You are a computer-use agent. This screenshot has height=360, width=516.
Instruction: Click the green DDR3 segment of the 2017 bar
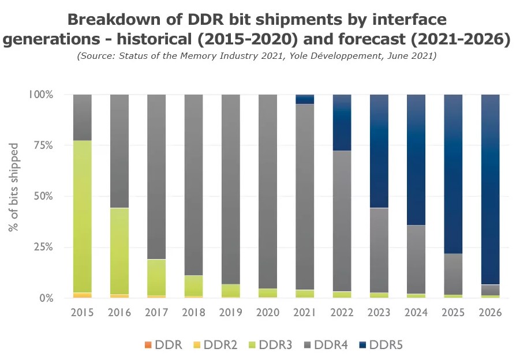point(156,277)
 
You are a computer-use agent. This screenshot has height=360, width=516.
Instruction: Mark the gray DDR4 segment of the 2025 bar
point(453,274)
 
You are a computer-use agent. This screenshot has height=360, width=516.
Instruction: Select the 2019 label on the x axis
point(230,313)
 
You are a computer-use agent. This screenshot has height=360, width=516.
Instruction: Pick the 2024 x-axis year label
point(416,313)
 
